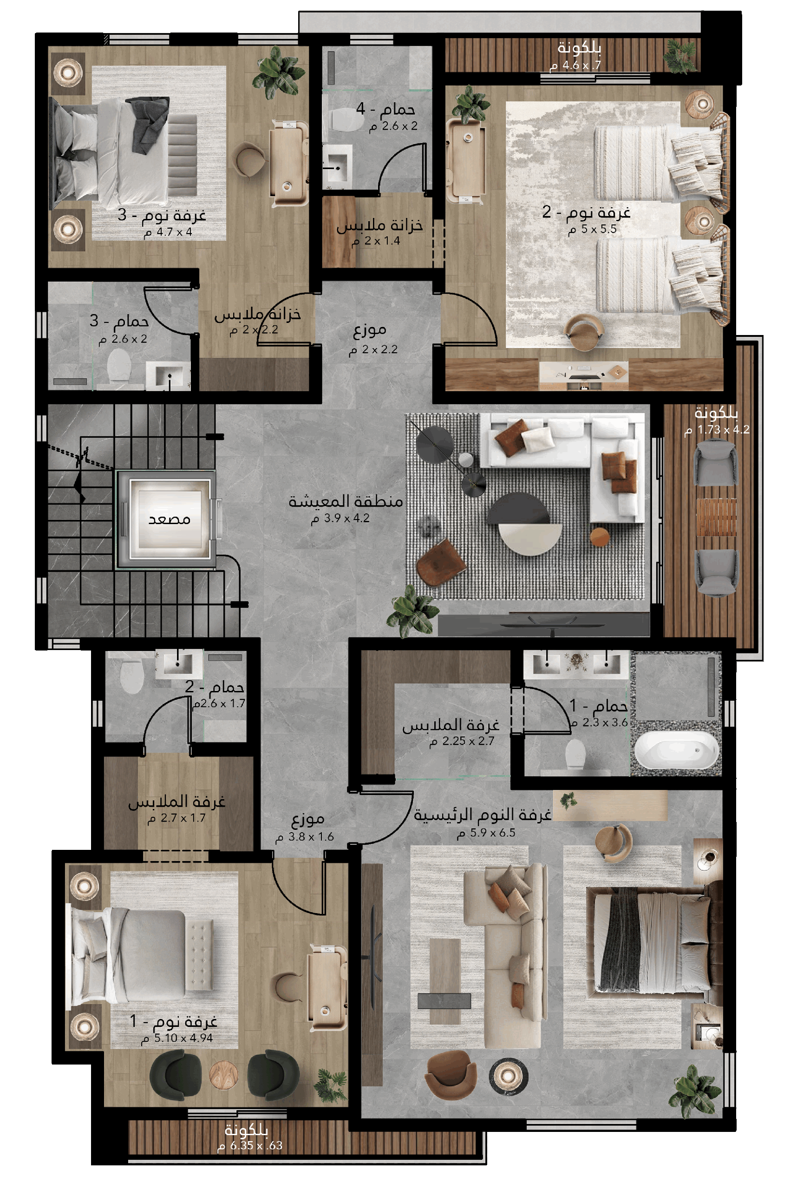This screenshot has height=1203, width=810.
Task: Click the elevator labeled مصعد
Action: click(169, 519)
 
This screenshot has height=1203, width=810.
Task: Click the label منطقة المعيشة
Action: click(346, 501)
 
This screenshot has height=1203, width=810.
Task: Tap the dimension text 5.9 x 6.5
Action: click(486, 833)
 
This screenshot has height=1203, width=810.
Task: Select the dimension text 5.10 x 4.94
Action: click(177, 1038)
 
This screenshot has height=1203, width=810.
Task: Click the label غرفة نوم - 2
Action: click(586, 212)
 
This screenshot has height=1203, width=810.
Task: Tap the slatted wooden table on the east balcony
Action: click(716, 517)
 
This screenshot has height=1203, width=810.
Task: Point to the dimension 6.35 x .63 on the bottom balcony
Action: click(250, 1145)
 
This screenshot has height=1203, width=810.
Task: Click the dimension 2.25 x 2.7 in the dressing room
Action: click(462, 741)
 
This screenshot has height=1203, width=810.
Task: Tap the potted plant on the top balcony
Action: click(681, 56)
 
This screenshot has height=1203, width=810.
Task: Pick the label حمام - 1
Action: click(598, 705)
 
